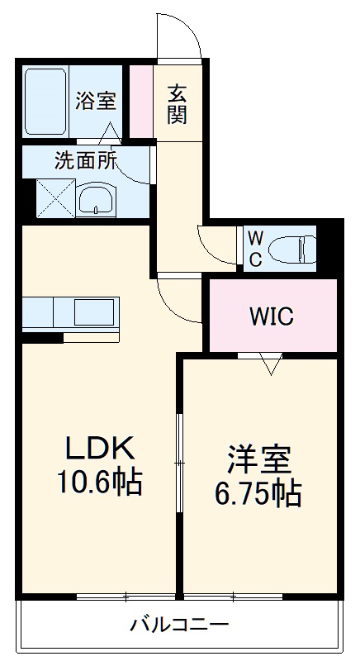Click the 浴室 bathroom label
click(x=96, y=101)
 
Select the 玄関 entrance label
click(x=177, y=104)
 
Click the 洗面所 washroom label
click(x=86, y=160)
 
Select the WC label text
click(x=255, y=249)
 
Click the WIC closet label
click(x=272, y=316)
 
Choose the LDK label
click(x=99, y=449)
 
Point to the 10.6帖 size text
click(x=99, y=481)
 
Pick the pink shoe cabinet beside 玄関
click(x=142, y=98)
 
